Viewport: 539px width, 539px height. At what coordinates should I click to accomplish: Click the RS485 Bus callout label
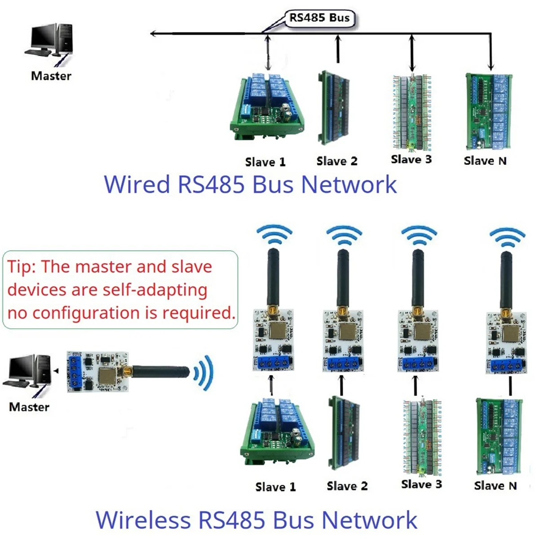click(319, 18)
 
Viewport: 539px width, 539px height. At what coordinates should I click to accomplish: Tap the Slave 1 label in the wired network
click(265, 162)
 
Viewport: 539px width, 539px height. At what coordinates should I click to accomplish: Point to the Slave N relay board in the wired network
click(488, 111)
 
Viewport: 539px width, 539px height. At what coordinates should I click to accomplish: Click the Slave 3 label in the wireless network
click(421, 484)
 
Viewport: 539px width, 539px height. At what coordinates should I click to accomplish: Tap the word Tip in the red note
click(21, 267)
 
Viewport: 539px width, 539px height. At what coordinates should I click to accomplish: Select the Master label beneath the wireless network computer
click(29, 407)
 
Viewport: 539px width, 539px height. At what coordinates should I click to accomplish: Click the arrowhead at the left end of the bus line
click(153, 34)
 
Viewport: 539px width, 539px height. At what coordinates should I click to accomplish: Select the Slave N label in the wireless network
click(495, 486)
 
